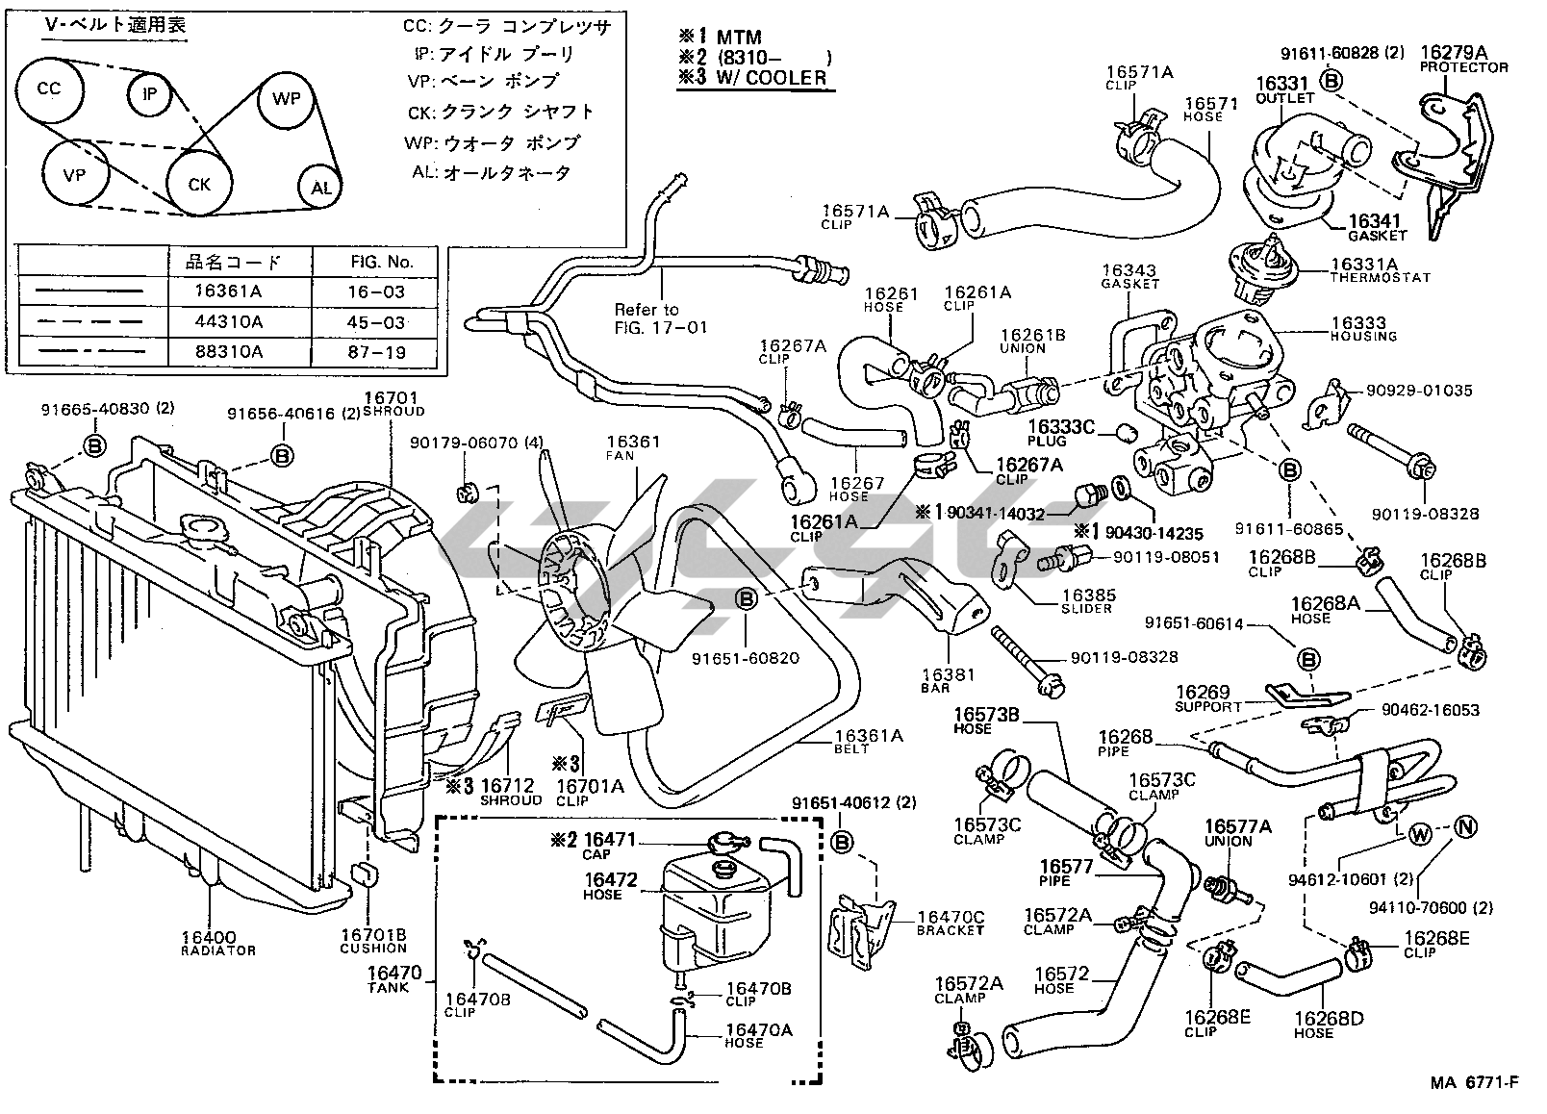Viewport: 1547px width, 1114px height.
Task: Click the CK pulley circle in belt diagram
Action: click(199, 183)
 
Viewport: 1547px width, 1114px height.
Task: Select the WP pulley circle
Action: click(286, 99)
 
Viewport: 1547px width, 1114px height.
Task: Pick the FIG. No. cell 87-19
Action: click(377, 352)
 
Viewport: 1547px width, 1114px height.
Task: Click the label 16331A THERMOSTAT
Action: click(1380, 268)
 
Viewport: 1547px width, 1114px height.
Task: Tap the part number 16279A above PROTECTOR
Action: click(1454, 52)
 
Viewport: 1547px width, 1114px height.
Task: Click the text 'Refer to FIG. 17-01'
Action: click(660, 318)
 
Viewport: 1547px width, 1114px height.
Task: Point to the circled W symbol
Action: click(1421, 836)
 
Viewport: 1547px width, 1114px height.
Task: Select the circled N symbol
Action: click(1463, 826)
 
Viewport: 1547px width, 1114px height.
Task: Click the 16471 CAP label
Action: click(610, 846)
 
